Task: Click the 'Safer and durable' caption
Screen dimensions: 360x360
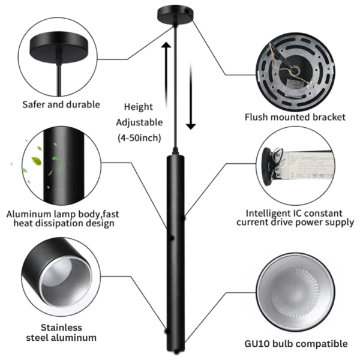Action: coord(61,104)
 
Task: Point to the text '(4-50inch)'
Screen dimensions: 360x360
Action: coord(139,137)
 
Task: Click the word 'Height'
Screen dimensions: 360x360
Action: coord(139,107)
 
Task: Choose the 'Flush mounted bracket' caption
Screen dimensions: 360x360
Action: coord(295,117)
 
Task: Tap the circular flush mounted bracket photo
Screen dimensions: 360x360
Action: coord(295,67)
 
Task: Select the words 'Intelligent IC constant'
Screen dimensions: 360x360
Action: coord(294,212)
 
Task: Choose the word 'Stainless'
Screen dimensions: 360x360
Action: coord(61,328)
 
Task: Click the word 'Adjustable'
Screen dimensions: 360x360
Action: coord(139,122)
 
